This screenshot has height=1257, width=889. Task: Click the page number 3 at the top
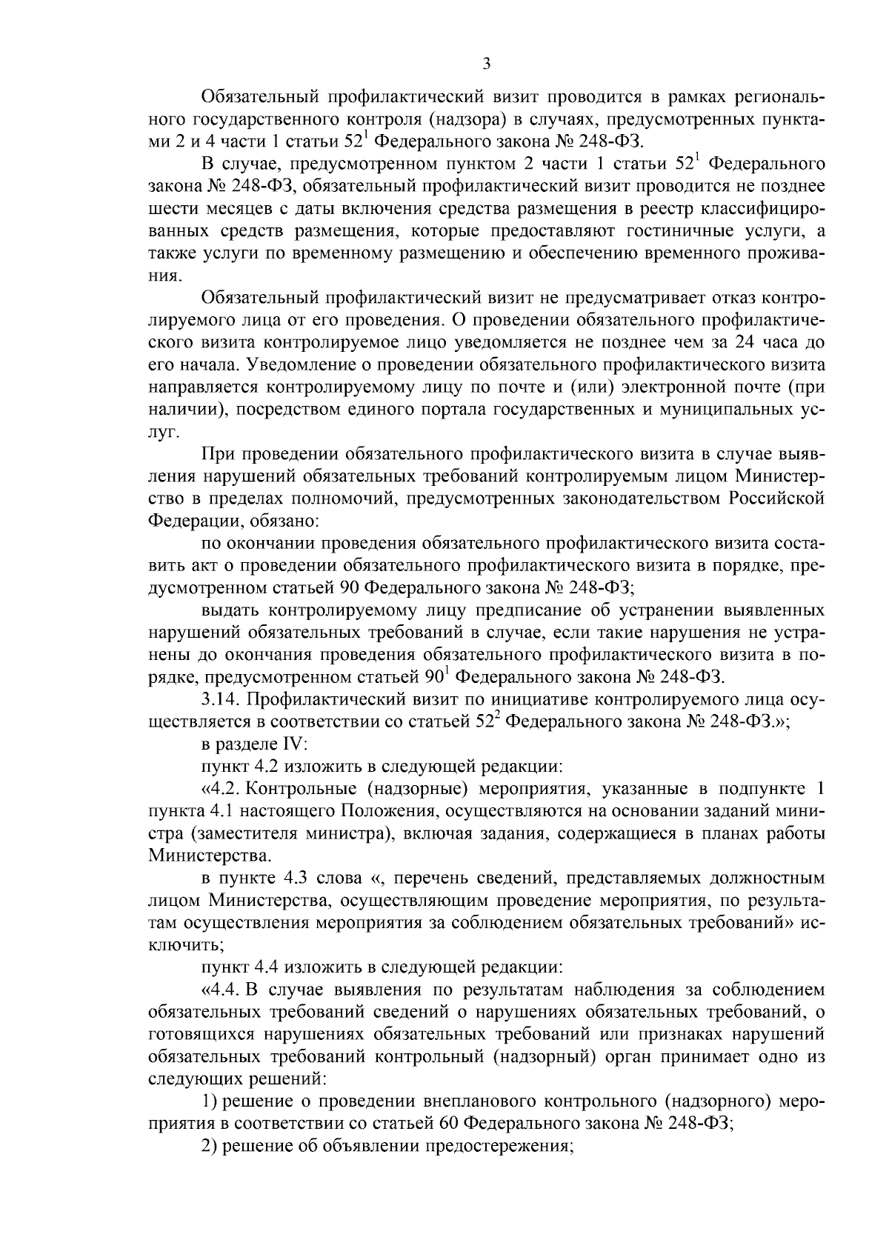486,64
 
